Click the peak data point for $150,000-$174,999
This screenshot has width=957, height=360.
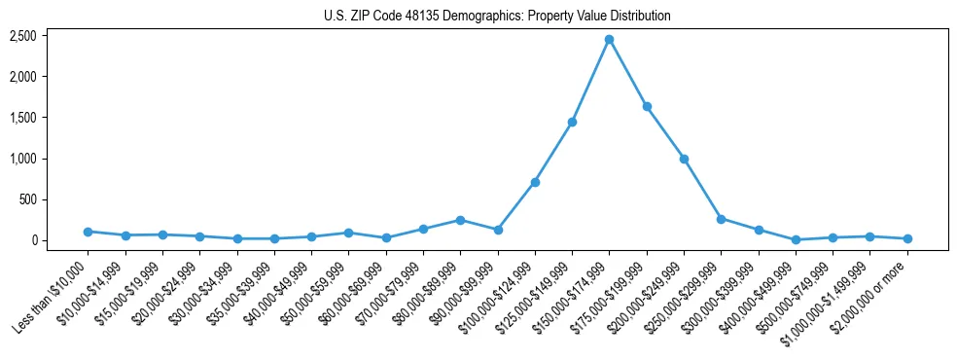coord(609,39)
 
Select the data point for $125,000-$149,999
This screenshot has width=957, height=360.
coord(572,122)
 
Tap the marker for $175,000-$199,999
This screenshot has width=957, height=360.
coord(647,106)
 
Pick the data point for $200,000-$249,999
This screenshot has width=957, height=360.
coord(684,159)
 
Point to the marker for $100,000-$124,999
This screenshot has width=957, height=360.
coord(535,182)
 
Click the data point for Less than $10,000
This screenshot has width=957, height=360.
coord(88,232)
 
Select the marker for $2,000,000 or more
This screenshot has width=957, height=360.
coord(907,238)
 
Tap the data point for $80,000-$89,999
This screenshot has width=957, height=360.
coord(460,220)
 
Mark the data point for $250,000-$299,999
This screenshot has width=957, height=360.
coord(721,219)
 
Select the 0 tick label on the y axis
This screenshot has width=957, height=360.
coord(33,240)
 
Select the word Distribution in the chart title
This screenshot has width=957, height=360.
coord(641,17)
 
